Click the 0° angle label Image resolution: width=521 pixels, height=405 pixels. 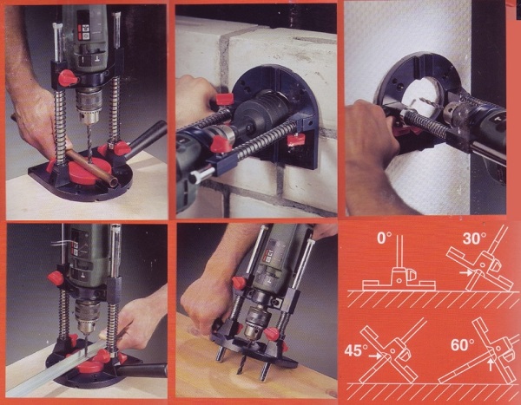pyautogui.click(x=384, y=238)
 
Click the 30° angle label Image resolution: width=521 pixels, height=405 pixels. pyautogui.click(x=474, y=238)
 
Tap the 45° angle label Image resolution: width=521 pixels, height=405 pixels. pyautogui.click(x=356, y=350)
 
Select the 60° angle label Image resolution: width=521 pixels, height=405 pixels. pyautogui.click(x=463, y=345)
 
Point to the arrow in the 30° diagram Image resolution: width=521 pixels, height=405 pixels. pyautogui.click(x=467, y=272)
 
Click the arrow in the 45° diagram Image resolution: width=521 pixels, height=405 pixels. pyautogui.click(x=376, y=356)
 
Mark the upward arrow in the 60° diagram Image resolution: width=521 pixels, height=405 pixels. pyautogui.click(x=491, y=364)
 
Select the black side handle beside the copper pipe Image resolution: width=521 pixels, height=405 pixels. pyautogui.click(x=146, y=135)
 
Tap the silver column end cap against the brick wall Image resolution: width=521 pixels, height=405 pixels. pyautogui.click(x=202, y=173)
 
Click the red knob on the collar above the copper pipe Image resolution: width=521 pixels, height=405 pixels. pyautogui.click(x=68, y=78)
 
